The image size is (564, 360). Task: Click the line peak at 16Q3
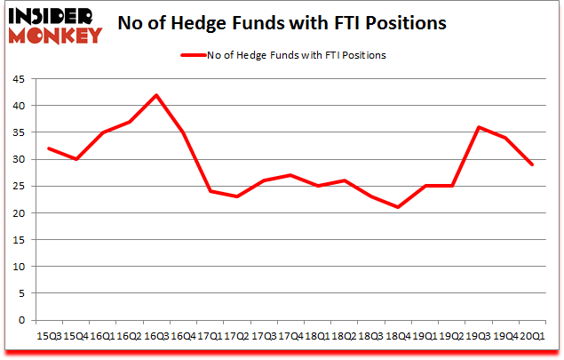(155, 95)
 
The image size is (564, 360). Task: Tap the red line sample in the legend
(192, 55)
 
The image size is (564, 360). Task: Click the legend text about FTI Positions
(297, 55)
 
